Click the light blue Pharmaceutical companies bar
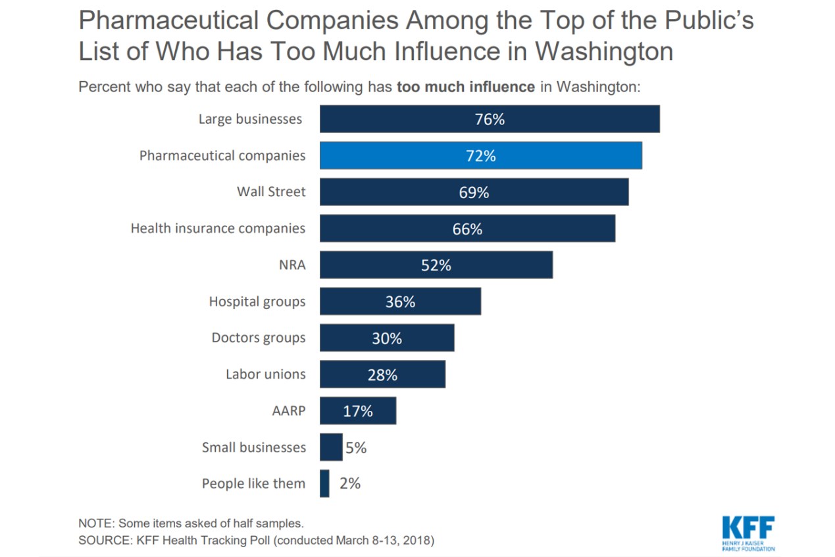pyautogui.click(x=480, y=156)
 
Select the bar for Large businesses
pyautogui.click(x=490, y=119)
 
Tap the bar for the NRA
pyautogui.click(x=436, y=265)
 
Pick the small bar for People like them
pyautogui.click(x=324, y=483)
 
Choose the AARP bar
pyautogui.click(x=358, y=411)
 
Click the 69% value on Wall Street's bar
pyautogui.click(x=474, y=193)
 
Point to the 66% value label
pyautogui.click(x=467, y=229)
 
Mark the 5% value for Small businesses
pyautogui.click(x=355, y=448)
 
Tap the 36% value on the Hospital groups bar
pyautogui.click(x=400, y=302)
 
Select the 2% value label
pyautogui.click(x=350, y=483)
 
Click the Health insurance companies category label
pyautogui.click(x=218, y=228)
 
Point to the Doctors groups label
pyautogui.click(x=259, y=338)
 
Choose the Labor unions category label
pyautogui.click(x=266, y=374)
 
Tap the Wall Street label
pyautogui.click(x=271, y=192)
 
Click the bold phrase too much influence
pyautogui.click(x=466, y=87)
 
